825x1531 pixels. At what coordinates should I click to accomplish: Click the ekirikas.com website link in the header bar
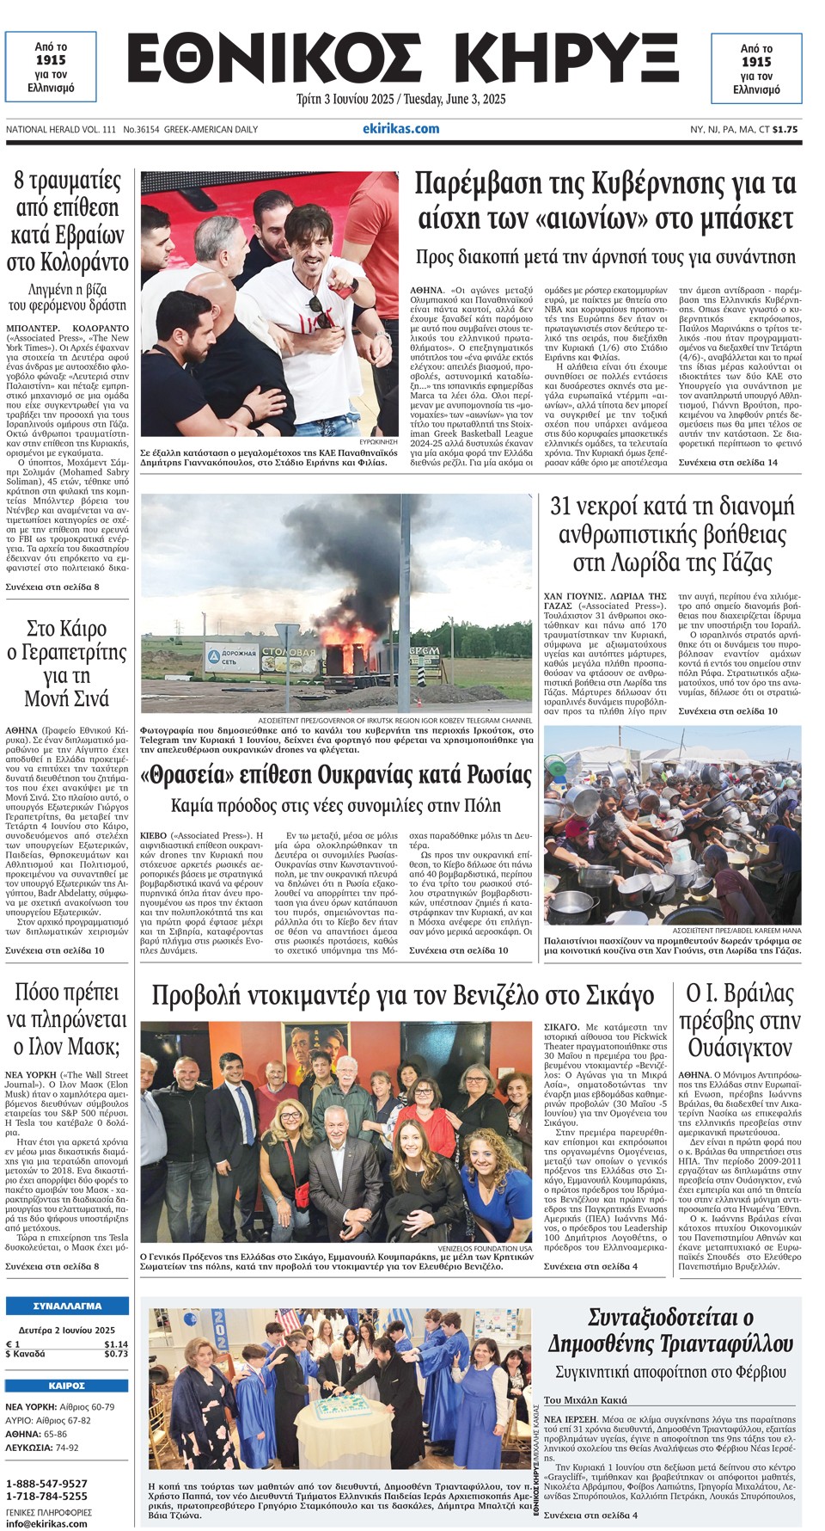click(x=400, y=129)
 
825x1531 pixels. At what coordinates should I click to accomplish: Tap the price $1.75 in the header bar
click(x=785, y=130)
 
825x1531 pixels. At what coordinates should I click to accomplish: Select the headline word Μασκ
click(x=92, y=1047)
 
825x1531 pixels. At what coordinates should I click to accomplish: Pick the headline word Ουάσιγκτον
click(x=739, y=1048)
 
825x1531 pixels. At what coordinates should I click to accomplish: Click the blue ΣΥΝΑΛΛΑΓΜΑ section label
click(x=67, y=1306)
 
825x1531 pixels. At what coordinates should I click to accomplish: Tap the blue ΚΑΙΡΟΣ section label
click(x=67, y=1386)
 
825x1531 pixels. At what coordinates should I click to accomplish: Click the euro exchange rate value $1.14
click(x=116, y=1343)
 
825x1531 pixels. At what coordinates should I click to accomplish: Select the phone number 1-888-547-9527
click(x=46, y=1484)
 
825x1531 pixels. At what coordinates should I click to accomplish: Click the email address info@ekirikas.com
click(x=46, y=1523)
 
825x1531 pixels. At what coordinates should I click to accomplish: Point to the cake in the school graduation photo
click(x=341, y=1408)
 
